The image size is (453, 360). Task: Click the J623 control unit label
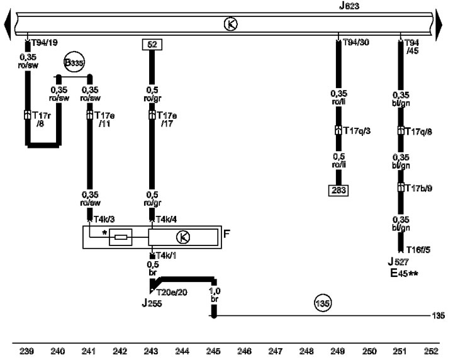pyautogui.click(x=349, y=6)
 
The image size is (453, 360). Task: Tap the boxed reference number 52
pyautogui.click(x=152, y=45)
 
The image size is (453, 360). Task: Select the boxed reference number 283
pyautogui.click(x=338, y=190)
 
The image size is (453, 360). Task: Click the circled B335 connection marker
pyautogui.click(x=74, y=62)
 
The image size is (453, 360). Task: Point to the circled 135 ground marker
pyautogui.click(x=322, y=303)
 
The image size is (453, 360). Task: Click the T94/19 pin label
pyautogui.click(x=45, y=43)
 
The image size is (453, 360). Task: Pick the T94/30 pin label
pyautogui.click(x=356, y=42)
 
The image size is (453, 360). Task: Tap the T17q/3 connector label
pyautogui.click(x=357, y=131)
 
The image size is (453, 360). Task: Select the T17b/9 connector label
pyautogui.click(x=418, y=188)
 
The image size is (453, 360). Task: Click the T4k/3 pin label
pyautogui.click(x=104, y=219)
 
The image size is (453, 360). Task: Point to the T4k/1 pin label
pyautogui.click(x=166, y=256)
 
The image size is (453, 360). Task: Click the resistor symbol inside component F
pyautogui.click(x=120, y=237)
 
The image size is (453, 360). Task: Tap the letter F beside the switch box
pyautogui.click(x=226, y=233)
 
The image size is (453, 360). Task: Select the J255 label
pyautogui.click(x=152, y=303)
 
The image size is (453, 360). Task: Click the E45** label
pyautogui.click(x=404, y=273)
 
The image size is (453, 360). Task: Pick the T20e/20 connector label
pyautogui.click(x=172, y=293)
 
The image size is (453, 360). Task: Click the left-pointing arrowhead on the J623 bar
pyautogui.click(x=8, y=25)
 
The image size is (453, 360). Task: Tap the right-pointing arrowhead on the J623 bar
pyautogui.click(x=439, y=25)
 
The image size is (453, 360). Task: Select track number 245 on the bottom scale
pyautogui.click(x=213, y=351)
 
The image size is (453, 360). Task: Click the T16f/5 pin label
pyautogui.click(x=418, y=250)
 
